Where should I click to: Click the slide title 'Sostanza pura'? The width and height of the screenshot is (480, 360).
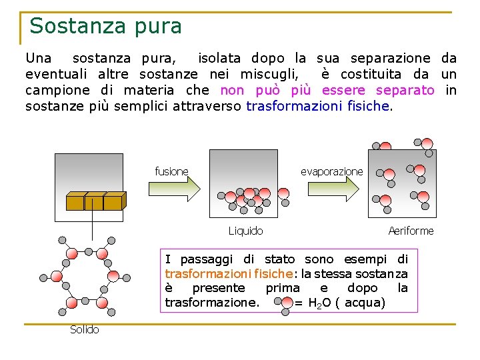(105, 26)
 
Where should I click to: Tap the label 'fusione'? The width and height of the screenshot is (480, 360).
(171, 172)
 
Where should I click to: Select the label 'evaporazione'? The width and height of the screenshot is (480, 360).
(331, 172)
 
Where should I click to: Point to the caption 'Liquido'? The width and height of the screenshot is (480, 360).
(245, 231)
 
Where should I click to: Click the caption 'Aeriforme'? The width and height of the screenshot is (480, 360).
(411, 231)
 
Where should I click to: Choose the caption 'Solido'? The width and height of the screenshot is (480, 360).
(85, 330)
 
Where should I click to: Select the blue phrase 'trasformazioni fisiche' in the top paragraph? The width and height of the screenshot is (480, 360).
(318, 106)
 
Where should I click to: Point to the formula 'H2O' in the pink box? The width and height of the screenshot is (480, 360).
(322, 303)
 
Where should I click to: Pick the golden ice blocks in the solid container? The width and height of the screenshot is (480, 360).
(95, 201)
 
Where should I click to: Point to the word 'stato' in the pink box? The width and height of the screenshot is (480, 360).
(279, 259)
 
